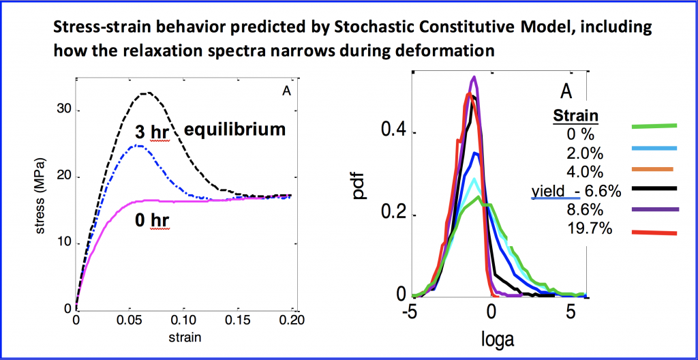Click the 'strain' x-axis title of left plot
185,336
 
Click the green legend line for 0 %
654,126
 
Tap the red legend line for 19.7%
654,233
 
